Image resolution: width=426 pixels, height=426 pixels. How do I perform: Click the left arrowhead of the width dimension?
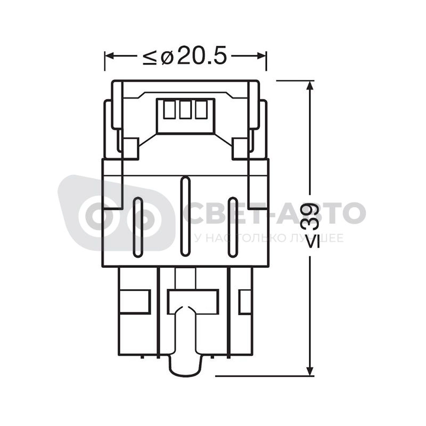point(109,56)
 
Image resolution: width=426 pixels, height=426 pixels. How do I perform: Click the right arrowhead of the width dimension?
point(262,56)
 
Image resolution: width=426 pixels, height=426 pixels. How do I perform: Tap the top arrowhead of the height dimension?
point(310,85)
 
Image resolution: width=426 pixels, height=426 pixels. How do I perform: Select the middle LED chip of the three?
point(185,110)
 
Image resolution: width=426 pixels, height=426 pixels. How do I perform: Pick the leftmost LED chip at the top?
point(169,110)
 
